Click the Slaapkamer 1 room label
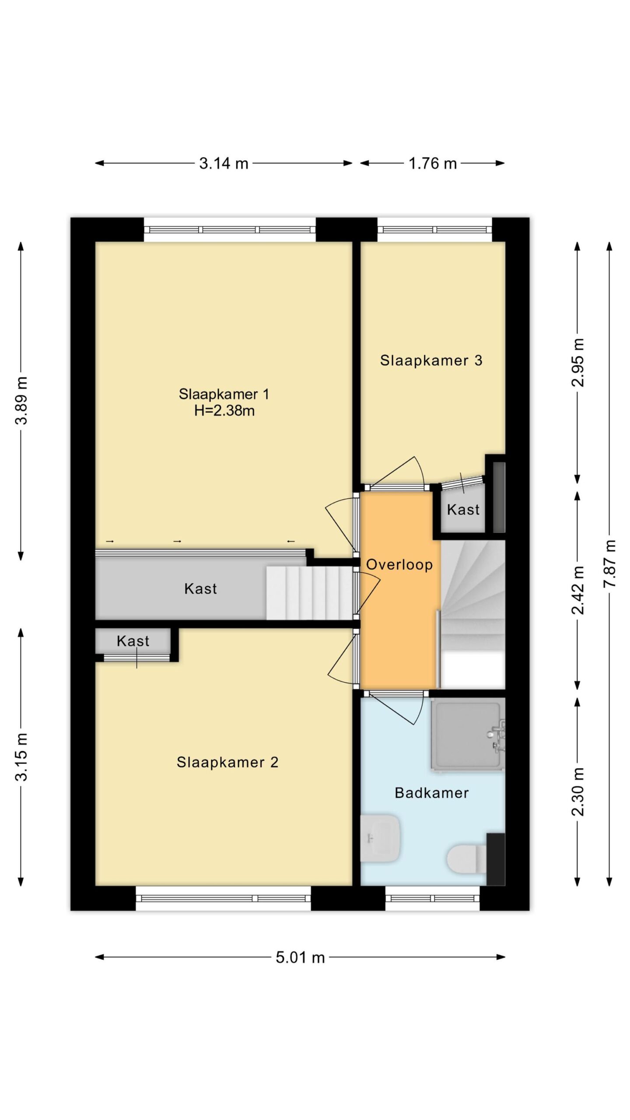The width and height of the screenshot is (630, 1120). click(224, 394)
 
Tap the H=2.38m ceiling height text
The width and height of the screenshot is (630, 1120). click(224, 411)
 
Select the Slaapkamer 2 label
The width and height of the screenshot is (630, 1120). click(227, 763)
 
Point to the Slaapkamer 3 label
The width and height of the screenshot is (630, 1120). click(431, 360)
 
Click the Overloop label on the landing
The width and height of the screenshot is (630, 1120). click(399, 565)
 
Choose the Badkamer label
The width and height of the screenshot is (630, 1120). click(431, 793)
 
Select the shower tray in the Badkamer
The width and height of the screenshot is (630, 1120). click(467, 736)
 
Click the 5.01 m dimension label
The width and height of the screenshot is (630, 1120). click(300, 958)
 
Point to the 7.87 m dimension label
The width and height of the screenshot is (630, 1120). click(609, 564)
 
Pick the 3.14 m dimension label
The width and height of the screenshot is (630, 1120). click(224, 164)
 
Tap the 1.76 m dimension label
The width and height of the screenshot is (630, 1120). click(432, 164)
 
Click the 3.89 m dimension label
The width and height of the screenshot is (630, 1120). click(21, 400)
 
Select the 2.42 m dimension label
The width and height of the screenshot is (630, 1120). click(578, 590)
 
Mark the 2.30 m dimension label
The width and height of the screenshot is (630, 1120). click(578, 792)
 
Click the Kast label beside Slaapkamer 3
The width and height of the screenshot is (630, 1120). click(463, 510)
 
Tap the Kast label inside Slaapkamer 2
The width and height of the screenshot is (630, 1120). click(133, 641)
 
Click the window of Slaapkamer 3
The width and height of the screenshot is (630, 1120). click(434, 230)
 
